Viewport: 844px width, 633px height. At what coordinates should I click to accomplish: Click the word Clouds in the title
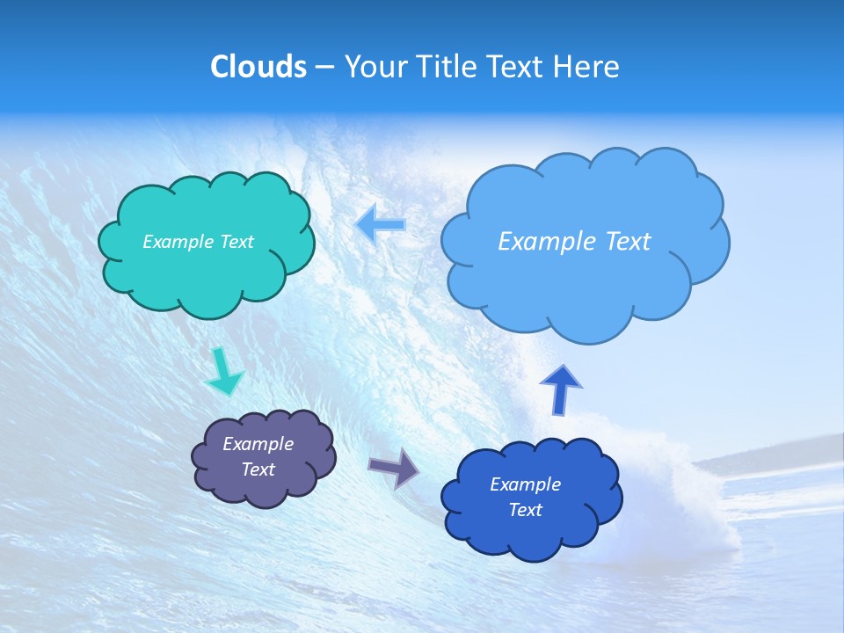[258, 67]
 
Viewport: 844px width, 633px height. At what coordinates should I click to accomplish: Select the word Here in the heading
[586, 67]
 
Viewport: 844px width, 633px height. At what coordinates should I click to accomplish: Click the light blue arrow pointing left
[381, 225]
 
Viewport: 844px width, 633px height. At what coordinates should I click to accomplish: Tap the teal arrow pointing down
[223, 371]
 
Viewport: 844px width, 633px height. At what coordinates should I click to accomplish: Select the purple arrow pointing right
[393, 467]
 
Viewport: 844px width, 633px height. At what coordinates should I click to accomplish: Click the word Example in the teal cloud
[176, 241]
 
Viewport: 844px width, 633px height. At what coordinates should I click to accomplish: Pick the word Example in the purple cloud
[258, 444]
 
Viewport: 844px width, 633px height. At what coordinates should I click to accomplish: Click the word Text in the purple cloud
[258, 469]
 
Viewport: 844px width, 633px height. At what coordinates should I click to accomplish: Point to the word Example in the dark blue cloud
[525, 484]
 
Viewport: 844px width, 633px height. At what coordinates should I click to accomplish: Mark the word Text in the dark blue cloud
[525, 510]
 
